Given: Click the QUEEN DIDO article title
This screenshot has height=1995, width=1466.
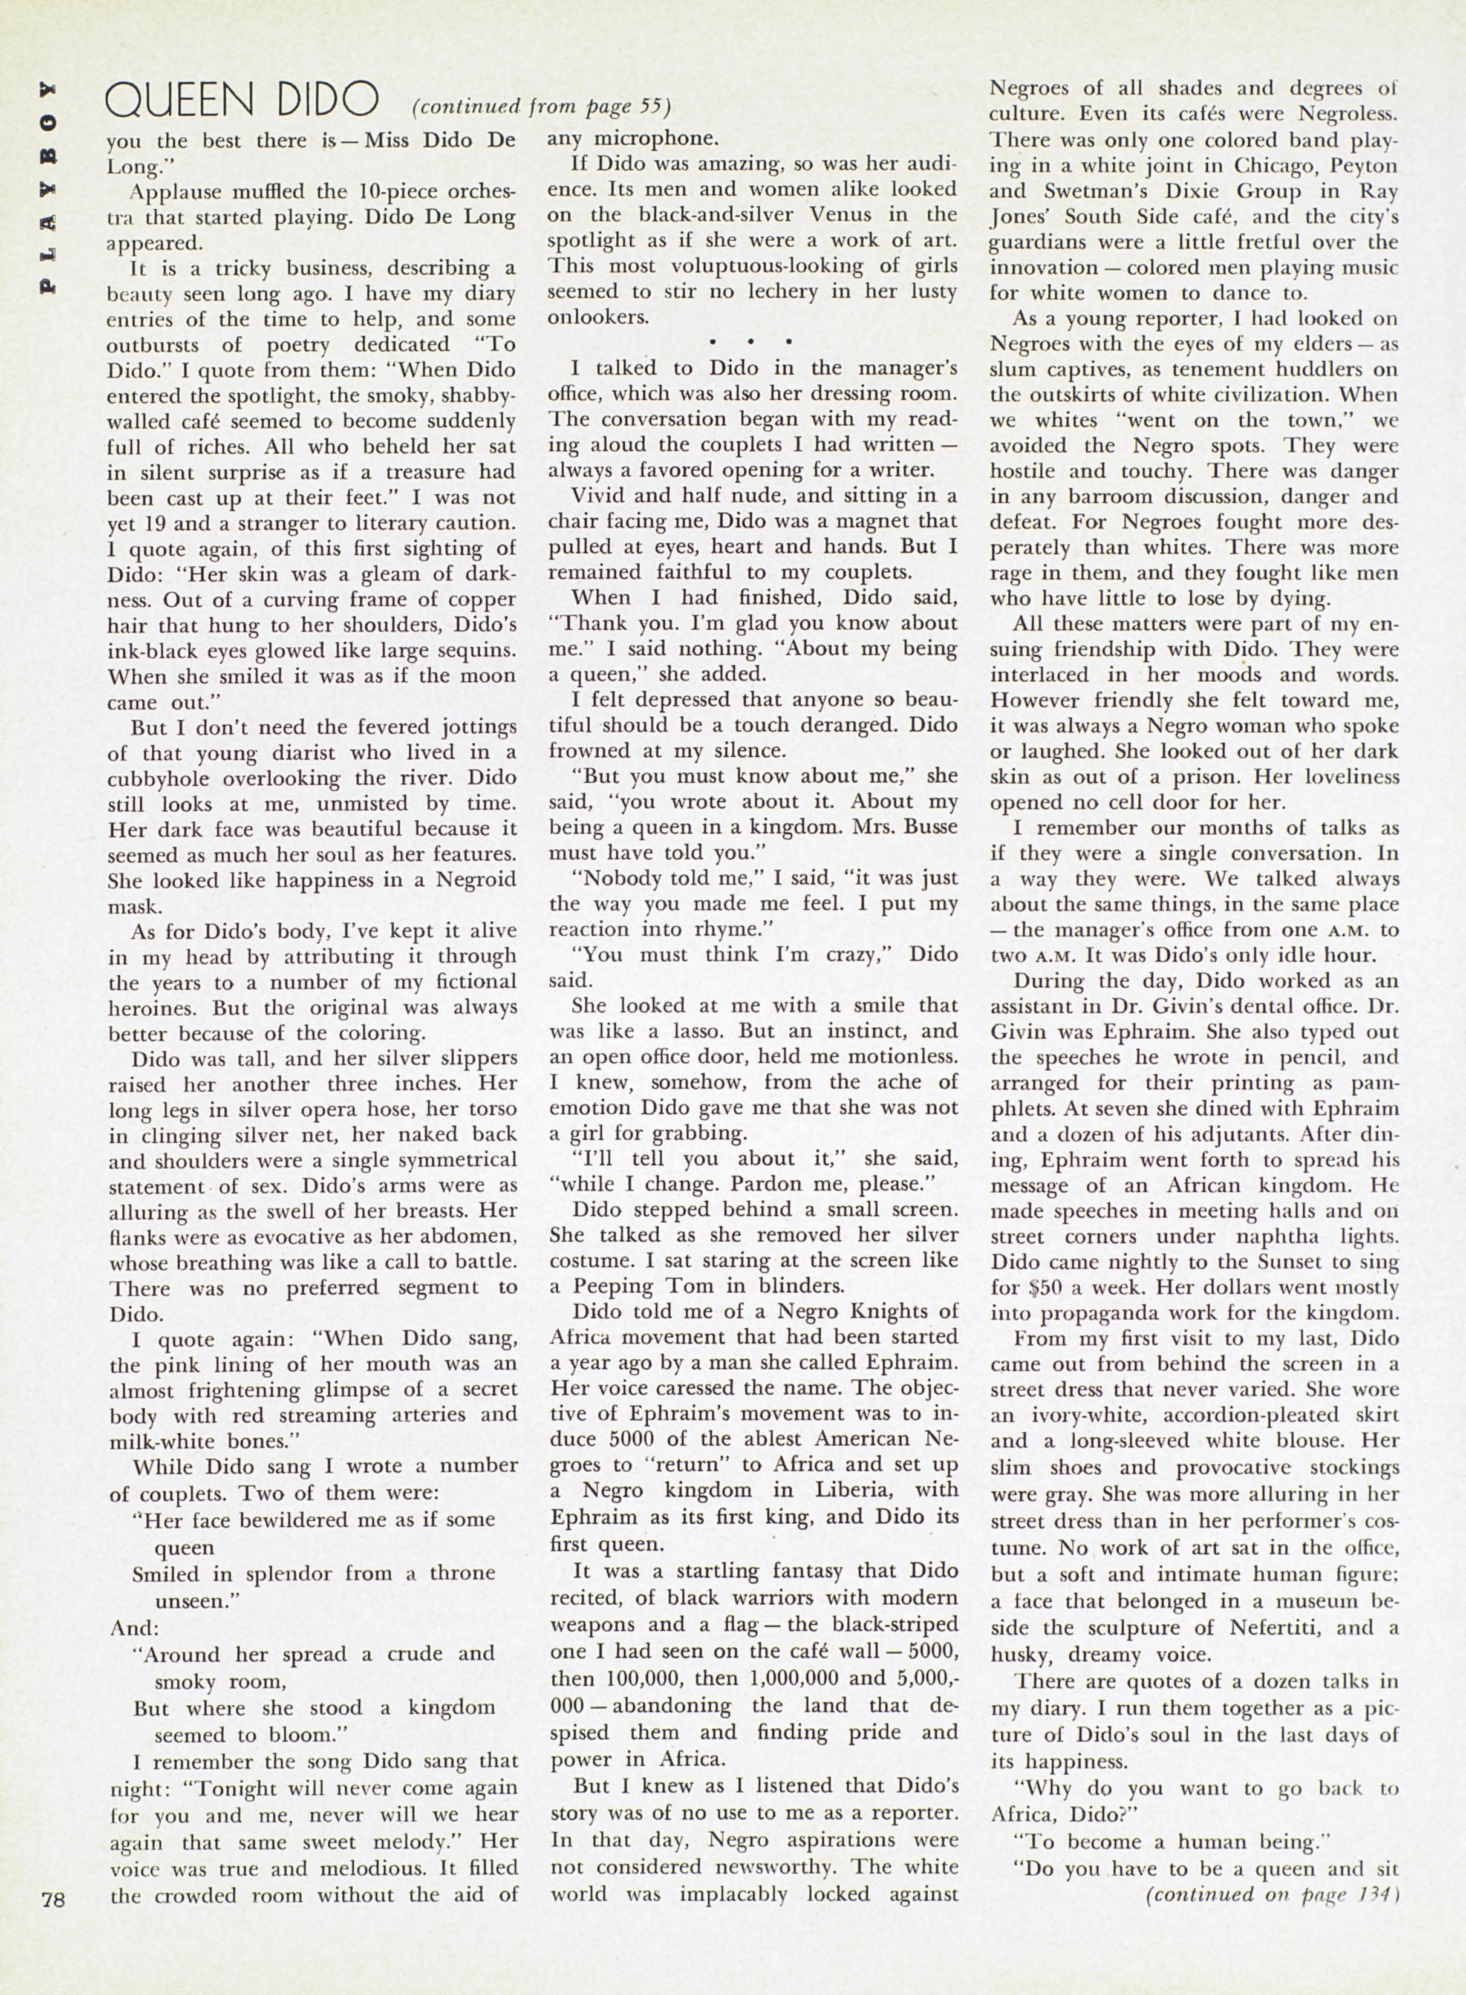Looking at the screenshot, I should [241, 101].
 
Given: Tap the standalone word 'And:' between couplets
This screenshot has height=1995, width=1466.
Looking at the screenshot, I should [133, 1628].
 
